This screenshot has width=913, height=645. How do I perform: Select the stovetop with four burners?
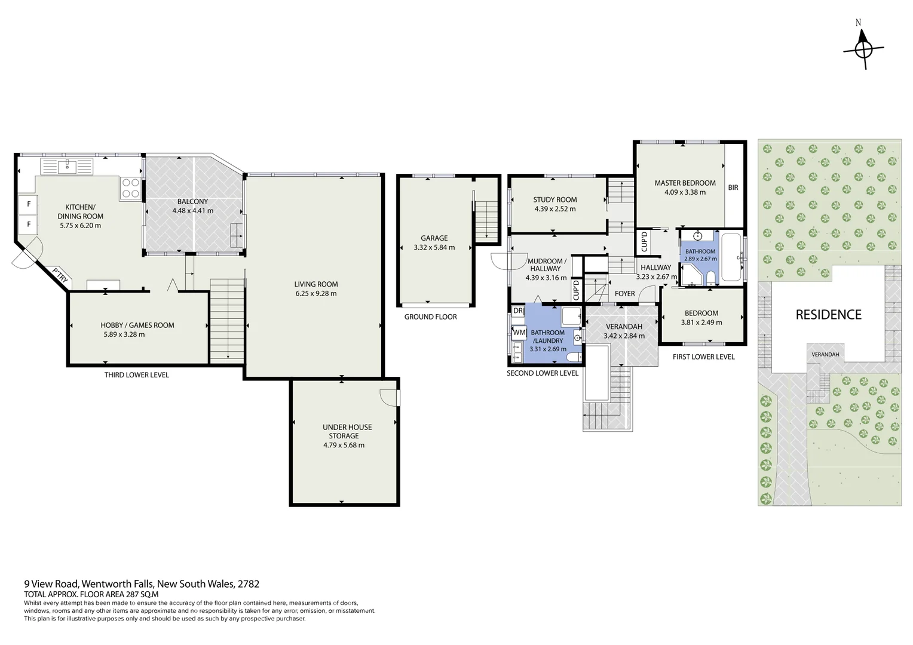click(x=130, y=188)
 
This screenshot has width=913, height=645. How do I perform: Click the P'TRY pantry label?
click(x=59, y=275)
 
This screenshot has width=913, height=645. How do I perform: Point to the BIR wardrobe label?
click(x=733, y=188)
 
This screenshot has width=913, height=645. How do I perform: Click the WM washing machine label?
click(x=519, y=332)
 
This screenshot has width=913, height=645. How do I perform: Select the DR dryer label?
click(x=517, y=311)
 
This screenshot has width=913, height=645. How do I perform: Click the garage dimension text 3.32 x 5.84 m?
click(x=434, y=247)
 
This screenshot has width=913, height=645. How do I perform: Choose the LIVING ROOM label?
click(x=315, y=284)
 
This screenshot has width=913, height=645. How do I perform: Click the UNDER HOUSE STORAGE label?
click(x=347, y=431)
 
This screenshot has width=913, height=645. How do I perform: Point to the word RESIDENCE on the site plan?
click(x=828, y=315)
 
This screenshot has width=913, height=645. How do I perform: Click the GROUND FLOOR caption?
click(x=430, y=317)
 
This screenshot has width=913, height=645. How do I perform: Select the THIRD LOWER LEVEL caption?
click(x=136, y=375)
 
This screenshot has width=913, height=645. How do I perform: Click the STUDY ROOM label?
click(x=554, y=200)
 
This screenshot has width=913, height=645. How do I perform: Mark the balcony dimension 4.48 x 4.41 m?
click(x=192, y=211)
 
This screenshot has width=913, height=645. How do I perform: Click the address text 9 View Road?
click(x=51, y=583)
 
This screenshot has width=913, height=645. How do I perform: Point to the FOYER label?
click(x=624, y=293)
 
